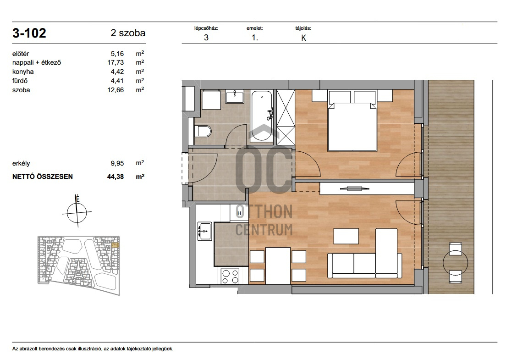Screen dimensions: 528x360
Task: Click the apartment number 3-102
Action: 29,33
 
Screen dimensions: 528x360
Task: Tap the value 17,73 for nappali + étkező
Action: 115,62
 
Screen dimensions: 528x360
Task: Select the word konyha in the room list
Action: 23,72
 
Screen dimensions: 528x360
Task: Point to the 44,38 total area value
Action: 115,176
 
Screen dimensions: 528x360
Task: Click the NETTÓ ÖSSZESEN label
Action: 43,176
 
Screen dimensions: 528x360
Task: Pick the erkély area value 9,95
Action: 117,163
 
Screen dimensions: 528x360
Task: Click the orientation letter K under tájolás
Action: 304,38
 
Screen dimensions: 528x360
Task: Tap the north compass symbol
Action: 77,212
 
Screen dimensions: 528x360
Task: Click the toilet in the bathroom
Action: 203,131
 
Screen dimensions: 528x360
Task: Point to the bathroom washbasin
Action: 235,97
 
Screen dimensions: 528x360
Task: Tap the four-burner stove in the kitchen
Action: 231,277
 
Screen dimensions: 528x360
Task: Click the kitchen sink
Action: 205,231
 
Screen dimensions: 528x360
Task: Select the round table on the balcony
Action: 455,263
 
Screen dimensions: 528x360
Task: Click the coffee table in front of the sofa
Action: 346,236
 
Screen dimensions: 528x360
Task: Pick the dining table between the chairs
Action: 278,266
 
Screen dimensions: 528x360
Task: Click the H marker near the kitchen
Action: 239,213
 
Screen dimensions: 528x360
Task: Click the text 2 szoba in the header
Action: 128,33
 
